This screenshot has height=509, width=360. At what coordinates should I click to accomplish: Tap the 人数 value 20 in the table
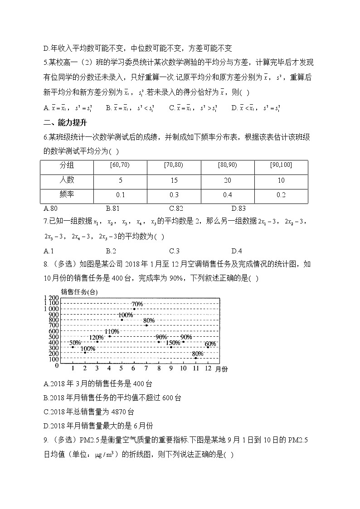click(227, 180)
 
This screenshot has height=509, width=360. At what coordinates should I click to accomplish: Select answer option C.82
click(175, 208)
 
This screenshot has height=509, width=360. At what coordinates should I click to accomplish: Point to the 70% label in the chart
click(137, 304)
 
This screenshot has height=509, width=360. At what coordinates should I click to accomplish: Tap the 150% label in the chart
click(173, 343)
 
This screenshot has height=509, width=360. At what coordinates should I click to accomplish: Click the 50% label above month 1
click(75, 343)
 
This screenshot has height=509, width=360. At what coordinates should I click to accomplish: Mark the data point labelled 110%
click(110, 336)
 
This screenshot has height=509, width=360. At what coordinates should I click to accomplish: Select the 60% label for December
click(210, 344)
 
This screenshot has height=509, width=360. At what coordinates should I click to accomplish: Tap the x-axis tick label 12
click(208, 368)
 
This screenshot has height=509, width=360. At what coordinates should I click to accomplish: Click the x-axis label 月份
click(222, 369)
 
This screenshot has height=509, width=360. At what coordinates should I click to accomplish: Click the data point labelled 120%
click(97, 342)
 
